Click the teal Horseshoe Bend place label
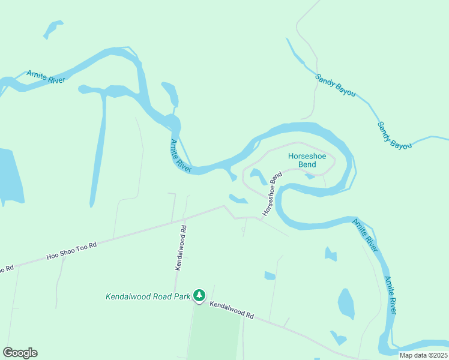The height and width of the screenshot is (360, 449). (307, 160)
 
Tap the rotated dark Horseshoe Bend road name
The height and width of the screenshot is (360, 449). (272, 194)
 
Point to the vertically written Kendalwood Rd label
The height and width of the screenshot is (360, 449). (181, 248)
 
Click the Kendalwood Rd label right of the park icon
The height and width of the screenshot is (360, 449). (232, 310)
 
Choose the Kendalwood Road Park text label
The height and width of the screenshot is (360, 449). (147, 296)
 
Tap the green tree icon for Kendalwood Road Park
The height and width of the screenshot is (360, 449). (199, 296)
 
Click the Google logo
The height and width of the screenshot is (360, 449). (20, 353)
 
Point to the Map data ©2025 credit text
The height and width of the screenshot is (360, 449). (423, 355)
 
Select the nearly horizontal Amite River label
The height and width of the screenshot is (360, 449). (46, 77)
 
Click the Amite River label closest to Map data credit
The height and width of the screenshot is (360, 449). (391, 295)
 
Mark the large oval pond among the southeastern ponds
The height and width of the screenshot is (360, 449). (346, 304)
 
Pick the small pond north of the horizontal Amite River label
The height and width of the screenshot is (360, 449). (53, 28)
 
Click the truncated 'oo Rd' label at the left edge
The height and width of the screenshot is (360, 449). (7, 269)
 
